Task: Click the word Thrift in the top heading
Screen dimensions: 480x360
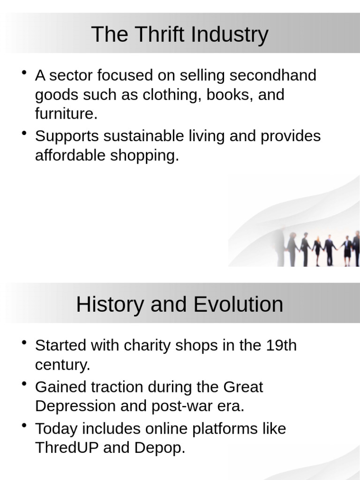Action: (x=150, y=34)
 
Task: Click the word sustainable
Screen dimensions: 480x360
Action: (x=143, y=136)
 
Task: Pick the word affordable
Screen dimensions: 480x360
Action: (x=70, y=156)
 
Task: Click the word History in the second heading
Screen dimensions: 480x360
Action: (x=110, y=304)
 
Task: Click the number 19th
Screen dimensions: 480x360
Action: (x=281, y=345)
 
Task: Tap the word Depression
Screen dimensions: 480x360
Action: (x=75, y=406)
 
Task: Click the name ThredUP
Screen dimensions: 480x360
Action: (x=67, y=448)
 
